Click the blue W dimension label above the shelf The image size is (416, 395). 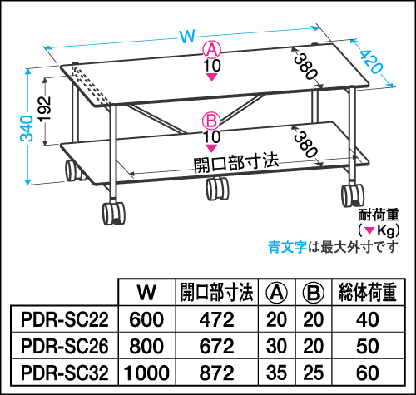pyautogui.click(x=187, y=36)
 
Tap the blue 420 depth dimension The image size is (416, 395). pyautogui.click(x=371, y=62)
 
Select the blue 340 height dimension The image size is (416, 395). pyautogui.click(x=27, y=128)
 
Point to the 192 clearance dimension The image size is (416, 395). pyautogui.click(x=44, y=109)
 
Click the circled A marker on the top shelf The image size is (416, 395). pyautogui.click(x=212, y=49)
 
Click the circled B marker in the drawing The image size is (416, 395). pyautogui.click(x=211, y=121)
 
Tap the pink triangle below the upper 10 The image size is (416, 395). pyautogui.click(x=212, y=77)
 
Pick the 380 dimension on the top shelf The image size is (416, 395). pyautogui.click(x=305, y=67)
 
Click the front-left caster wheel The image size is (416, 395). pyautogui.click(x=113, y=214)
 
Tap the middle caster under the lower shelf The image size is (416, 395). pyautogui.click(x=218, y=189)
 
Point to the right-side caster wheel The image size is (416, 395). pyautogui.click(x=353, y=195)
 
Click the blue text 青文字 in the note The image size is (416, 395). pyautogui.click(x=287, y=247)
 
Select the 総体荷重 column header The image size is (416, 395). pyautogui.click(x=368, y=293)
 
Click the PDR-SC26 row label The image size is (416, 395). pyautogui.click(x=64, y=346)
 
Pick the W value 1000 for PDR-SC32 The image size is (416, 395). pyautogui.click(x=146, y=373)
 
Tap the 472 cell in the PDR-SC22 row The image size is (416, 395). pyautogui.click(x=217, y=319)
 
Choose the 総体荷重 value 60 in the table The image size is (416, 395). pyautogui.click(x=368, y=373)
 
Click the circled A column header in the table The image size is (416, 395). pyautogui.click(x=276, y=293)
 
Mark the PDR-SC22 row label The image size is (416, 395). pyautogui.click(x=64, y=319)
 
